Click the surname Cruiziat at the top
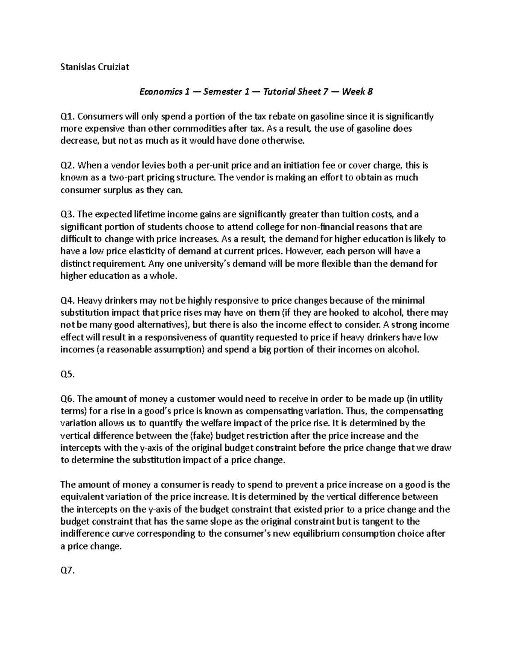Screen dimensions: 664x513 tap(112, 67)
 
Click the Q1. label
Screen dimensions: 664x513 tap(68, 116)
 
